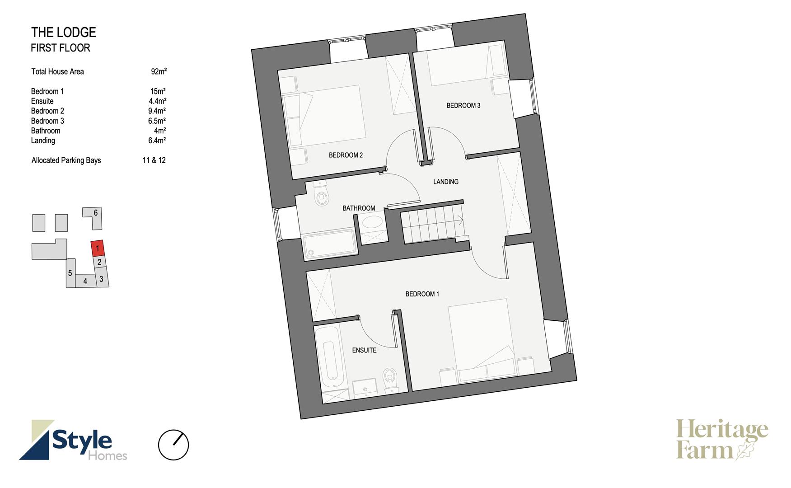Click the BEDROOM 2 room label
(346, 155)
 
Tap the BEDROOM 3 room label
(463, 106)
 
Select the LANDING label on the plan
(446, 182)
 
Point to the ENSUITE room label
(364, 350)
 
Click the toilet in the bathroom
(321, 194)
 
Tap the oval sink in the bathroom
(372, 222)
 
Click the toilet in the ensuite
(390, 378)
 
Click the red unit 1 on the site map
(98, 248)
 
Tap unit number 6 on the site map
(96, 213)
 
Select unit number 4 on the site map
(85, 282)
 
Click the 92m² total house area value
(159, 71)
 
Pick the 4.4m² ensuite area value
(157, 101)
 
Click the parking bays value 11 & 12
(154, 160)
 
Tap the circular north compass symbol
(173, 445)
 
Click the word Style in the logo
(82, 440)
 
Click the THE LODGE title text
(64, 33)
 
